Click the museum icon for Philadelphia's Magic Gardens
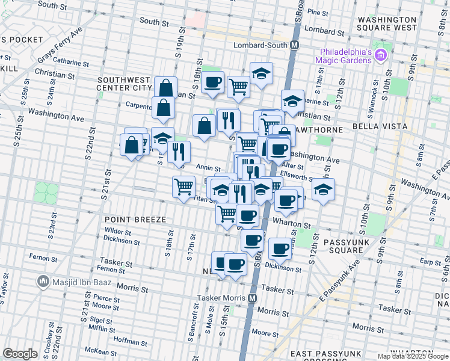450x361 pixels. [x=380, y=56]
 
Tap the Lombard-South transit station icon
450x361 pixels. [x=295, y=45]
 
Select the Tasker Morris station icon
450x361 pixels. [x=253, y=298]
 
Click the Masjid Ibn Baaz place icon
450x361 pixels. [x=43, y=281]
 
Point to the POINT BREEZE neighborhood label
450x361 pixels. [x=135, y=220]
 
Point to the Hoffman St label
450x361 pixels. [x=126, y=340]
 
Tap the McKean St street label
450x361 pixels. [x=96, y=351]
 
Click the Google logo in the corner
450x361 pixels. [x=20, y=354]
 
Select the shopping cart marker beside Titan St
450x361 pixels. [x=183, y=185]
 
